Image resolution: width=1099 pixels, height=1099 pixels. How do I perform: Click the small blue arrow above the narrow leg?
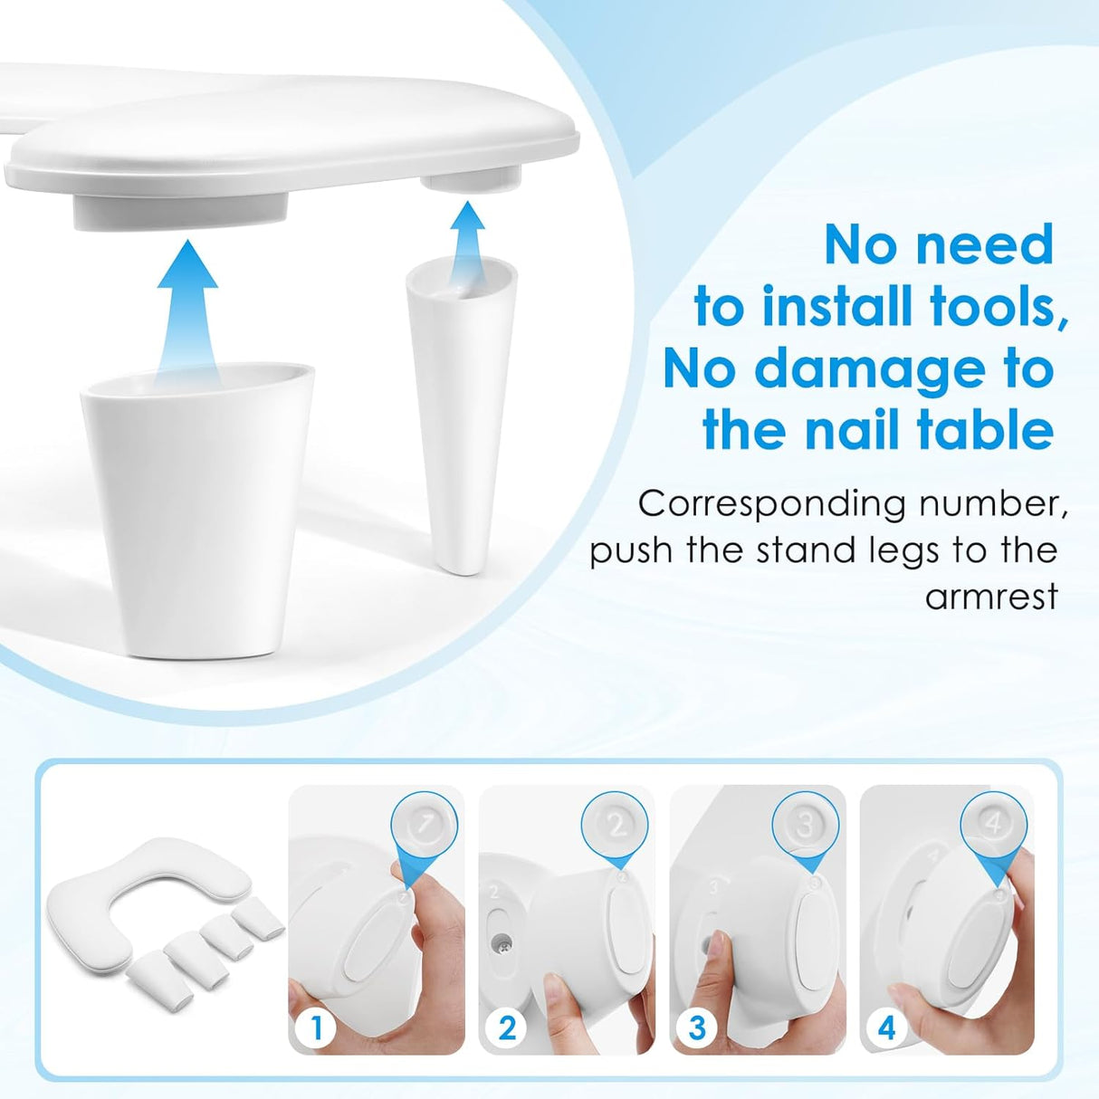pyautogui.click(x=467, y=230)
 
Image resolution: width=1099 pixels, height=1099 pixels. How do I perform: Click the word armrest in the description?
pyautogui.click(x=990, y=597)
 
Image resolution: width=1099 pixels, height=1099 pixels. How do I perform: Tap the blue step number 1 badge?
pyautogui.click(x=316, y=1027)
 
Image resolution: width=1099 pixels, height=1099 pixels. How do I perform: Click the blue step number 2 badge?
pyautogui.click(x=506, y=1027)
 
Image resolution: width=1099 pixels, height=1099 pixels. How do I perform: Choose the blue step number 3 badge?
pyautogui.click(x=696, y=1027)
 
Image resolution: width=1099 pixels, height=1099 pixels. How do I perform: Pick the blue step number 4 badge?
pyautogui.click(x=886, y=1027)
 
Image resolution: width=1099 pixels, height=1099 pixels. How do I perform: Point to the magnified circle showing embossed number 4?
pyautogui.click(x=994, y=824)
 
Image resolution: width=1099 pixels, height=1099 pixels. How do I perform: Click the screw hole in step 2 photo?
pyautogui.click(x=501, y=942)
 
